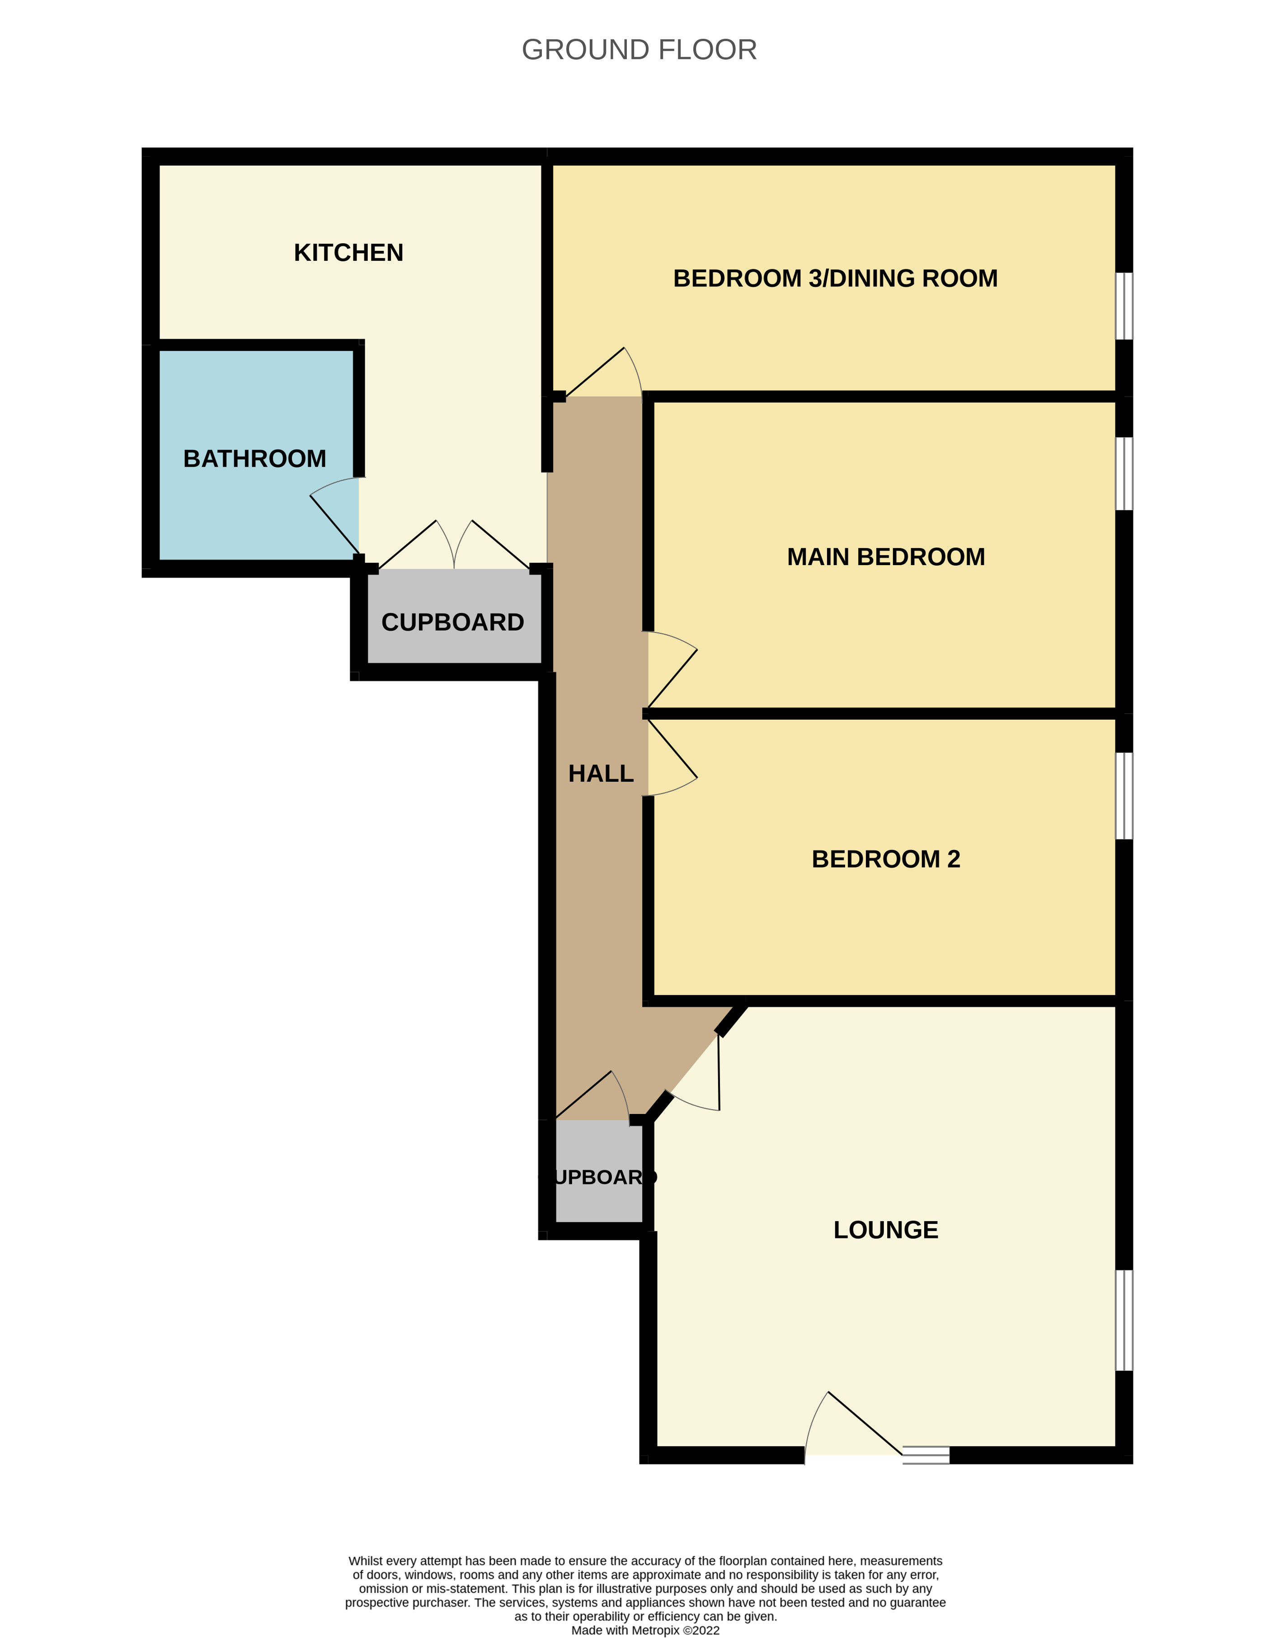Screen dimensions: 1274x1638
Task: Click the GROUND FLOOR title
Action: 639,49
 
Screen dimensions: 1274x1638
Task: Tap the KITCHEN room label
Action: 349,253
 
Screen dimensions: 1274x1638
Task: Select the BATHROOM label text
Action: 255,458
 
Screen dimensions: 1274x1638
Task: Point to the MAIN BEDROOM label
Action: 886,557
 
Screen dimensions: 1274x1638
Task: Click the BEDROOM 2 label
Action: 886,859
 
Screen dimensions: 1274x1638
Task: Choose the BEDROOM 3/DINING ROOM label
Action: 835,278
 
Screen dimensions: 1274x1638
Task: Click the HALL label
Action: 601,773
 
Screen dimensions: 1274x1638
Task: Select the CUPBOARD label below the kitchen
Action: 452,622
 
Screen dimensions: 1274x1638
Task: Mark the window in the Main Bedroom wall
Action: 1124,473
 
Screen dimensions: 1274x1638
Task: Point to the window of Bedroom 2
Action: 1124,795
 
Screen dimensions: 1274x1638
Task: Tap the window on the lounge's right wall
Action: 1124,1320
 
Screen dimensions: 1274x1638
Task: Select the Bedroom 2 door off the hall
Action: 672,757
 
